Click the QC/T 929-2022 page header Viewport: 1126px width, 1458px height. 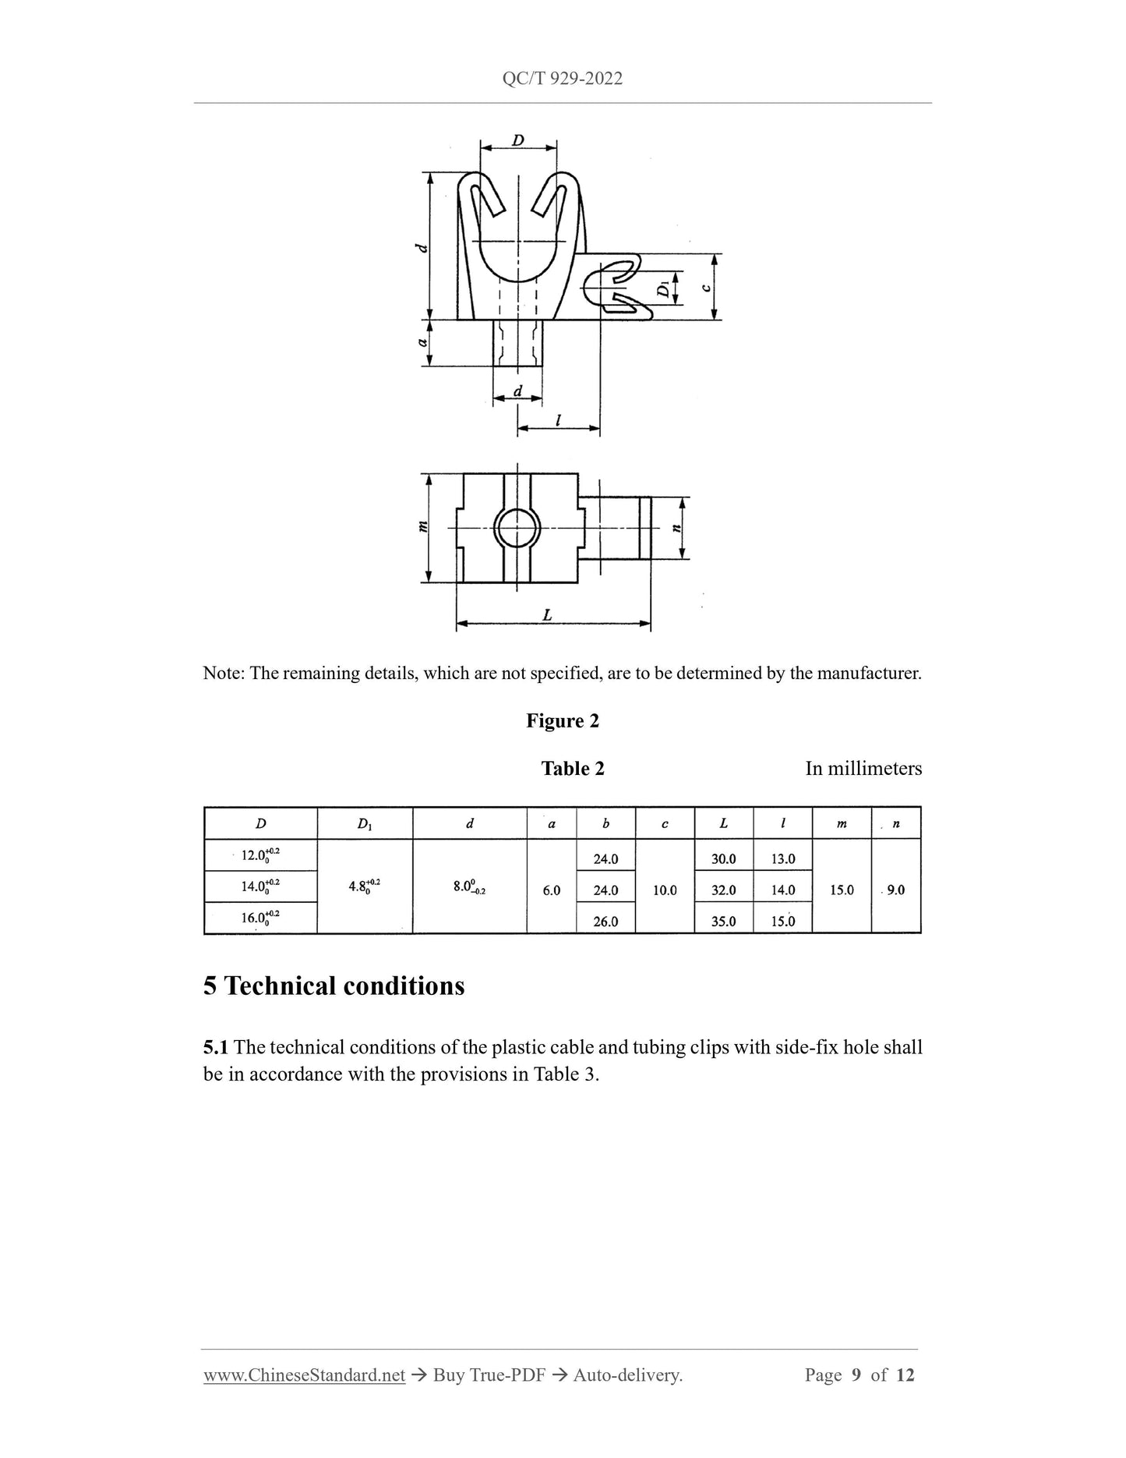click(562, 79)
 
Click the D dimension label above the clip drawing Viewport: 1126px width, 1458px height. click(518, 140)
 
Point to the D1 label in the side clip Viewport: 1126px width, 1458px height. click(663, 289)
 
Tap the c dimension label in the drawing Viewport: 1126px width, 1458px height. click(705, 287)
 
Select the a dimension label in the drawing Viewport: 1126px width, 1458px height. click(422, 342)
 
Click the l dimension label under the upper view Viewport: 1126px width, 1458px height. click(558, 420)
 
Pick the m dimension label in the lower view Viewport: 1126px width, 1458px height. click(423, 527)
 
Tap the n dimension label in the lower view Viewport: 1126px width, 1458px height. click(676, 528)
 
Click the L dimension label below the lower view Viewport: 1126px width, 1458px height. click(547, 615)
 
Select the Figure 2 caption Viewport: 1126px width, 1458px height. click(563, 720)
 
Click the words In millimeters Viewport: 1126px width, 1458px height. click(863, 769)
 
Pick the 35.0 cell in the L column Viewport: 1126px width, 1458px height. click(723, 921)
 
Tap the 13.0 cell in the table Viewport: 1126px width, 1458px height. click(782, 858)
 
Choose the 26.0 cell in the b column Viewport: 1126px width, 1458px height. click(605, 921)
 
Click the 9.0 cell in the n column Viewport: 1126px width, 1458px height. click(896, 890)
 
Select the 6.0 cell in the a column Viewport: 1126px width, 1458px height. click(552, 890)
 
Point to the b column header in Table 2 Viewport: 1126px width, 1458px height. click(605, 823)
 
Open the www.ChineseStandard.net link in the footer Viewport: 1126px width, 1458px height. click(304, 1375)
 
